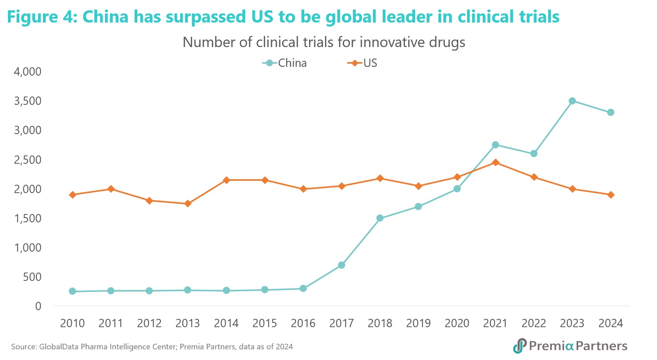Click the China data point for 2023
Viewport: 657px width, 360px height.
(x=572, y=101)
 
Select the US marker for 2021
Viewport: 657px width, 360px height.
(x=495, y=163)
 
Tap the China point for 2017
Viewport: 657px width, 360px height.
(x=342, y=265)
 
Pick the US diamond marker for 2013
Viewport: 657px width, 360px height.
(x=188, y=204)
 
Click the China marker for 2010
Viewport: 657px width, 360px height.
(x=72, y=291)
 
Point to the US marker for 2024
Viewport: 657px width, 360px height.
(x=611, y=195)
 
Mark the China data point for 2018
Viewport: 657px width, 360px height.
(x=380, y=218)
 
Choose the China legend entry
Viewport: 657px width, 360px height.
(x=285, y=63)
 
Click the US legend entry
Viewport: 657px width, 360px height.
(x=363, y=63)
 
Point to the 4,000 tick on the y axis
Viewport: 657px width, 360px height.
(x=28, y=72)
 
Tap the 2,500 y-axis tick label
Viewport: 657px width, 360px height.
(x=28, y=160)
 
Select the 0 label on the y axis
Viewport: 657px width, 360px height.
(x=38, y=306)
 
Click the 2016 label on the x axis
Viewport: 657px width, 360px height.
(x=303, y=324)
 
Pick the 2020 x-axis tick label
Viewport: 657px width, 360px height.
(x=457, y=324)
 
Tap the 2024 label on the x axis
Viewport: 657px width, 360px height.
(x=611, y=324)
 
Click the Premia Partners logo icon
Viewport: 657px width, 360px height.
(x=520, y=346)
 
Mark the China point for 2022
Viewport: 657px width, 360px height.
(x=534, y=153)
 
